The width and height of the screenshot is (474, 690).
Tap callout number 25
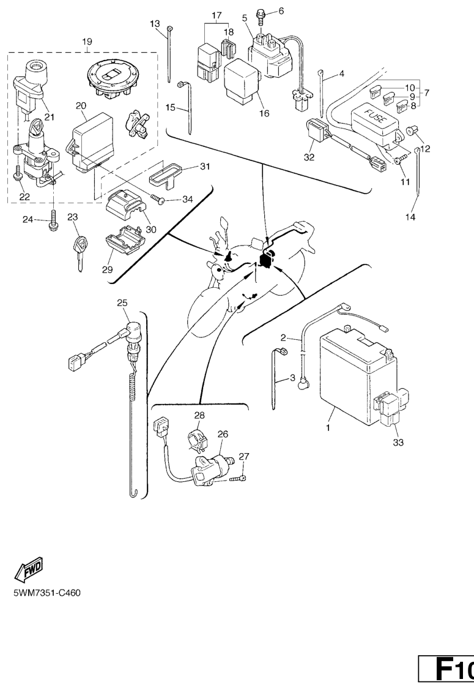click(x=122, y=302)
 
